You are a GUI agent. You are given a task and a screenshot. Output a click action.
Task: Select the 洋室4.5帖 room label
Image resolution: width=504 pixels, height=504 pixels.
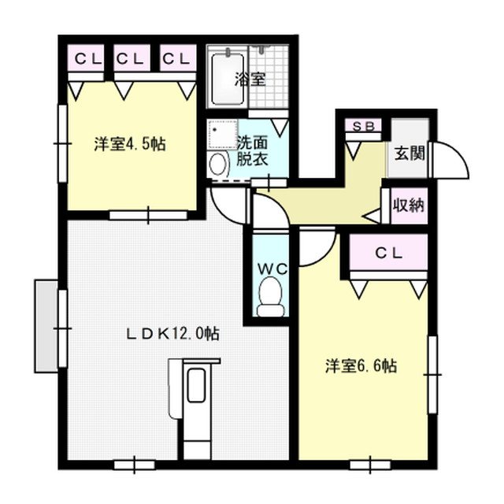130,145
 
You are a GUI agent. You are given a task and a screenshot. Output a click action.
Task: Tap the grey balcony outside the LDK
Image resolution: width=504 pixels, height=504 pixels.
45,324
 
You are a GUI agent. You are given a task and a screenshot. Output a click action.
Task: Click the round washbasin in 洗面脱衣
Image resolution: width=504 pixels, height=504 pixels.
217,164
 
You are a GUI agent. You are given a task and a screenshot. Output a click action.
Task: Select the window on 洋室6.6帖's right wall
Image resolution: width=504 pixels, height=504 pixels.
432,373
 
